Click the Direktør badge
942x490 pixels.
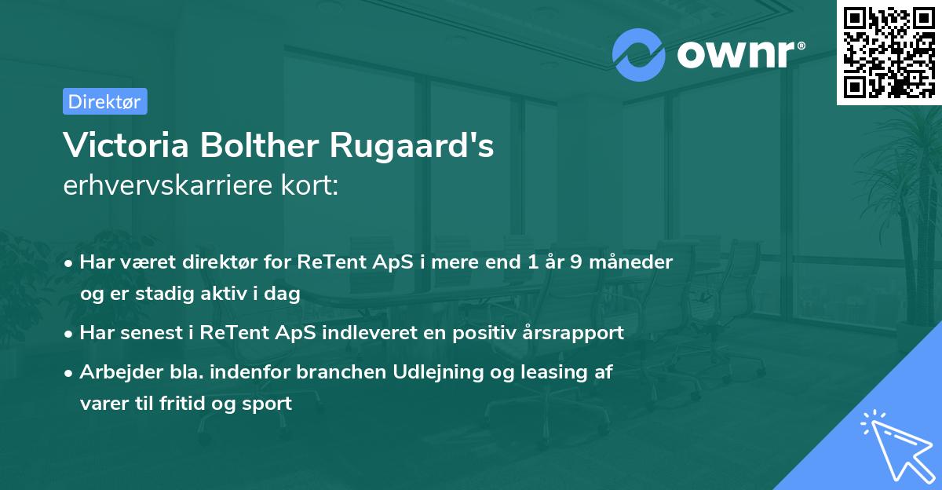(x=104, y=101)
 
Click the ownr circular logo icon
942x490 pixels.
(x=639, y=54)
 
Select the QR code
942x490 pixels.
(x=889, y=52)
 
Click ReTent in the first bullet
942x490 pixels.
(x=325, y=262)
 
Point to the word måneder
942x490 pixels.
(x=633, y=262)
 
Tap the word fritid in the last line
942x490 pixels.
(x=178, y=403)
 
